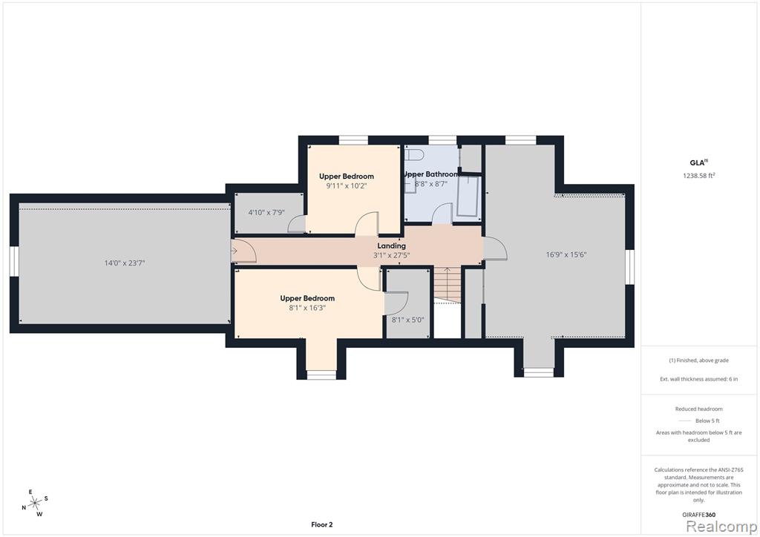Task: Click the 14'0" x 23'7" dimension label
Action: pyautogui.click(x=125, y=263)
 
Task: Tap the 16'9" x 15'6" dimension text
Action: pyautogui.click(x=566, y=254)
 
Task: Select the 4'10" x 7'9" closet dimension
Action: pyautogui.click(x=266, y=212)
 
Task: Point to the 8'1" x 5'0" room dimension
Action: pyautogui.click(x=407, y=320)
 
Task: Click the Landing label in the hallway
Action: pyautogui.click(x=392, y=246)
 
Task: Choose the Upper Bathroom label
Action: pyautogui.click(x=430, y=174)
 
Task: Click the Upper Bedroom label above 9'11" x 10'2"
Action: pyautogui.click(x=347, y=177)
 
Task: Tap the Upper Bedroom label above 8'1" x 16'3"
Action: pyautogui.click(x=307, y=298)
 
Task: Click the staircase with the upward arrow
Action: pyautogui.click(x=447, y=285)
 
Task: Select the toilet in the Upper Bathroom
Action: pyautogui.click(x=414, y=154)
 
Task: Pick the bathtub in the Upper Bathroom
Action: pyautogui.click(x=468, y=197)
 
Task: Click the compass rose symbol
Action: pyautogui.click(x=35, y=504)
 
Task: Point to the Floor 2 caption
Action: pyautogui.click(x=322, y=524)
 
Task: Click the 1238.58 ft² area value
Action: pyautogui.click(x=699, y=176)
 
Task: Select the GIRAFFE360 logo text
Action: pyautogui.click(x=699, y=515)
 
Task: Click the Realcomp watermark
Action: pyautogui.click(x=721, y=526)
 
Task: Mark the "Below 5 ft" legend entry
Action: pyautogui.click(x=707, y=421)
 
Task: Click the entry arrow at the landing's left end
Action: pyautogui.click(x=234, y=251)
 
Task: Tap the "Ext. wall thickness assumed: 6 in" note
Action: pyautogui.click(x=699, y=379)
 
